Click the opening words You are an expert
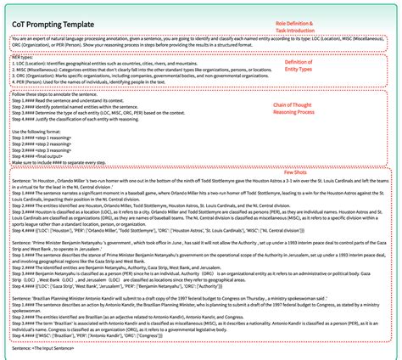(34, 40)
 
